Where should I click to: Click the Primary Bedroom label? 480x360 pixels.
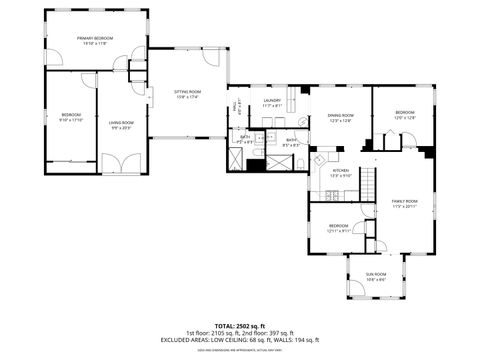[x=97, y=41]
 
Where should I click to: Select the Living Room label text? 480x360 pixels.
[x=121, y=125]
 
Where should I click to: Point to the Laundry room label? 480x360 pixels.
[x=272, y=102]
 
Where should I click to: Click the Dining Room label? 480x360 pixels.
[x=341, y=118]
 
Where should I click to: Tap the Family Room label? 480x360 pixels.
[x=404, y=203]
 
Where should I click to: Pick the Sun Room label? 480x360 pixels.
[x=375, y=275]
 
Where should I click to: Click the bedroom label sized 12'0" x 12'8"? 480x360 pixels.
[x=404, y=114]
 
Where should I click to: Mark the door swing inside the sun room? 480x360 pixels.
[x=353, y=291]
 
